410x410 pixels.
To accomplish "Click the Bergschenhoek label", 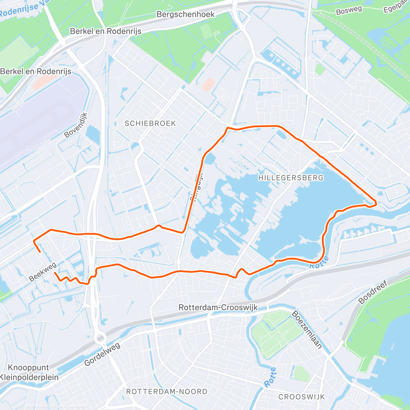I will tap(186, 14).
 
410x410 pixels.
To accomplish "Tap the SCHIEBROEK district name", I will tap(150, 123).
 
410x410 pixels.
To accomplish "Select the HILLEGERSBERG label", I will tap(291, 178).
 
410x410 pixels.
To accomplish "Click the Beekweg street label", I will tap(43, 272).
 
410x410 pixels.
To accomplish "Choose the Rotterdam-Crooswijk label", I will tap(218, 307).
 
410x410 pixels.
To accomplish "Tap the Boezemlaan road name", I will tap(307, 329).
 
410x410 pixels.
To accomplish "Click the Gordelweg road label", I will tap(102, 354).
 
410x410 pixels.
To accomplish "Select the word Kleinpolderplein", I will tap(29, 378).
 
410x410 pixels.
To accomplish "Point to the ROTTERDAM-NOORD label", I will tap(167, 392).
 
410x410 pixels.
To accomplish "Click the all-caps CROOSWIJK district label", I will tap(302, 397).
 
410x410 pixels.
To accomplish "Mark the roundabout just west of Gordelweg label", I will tap(100, 338).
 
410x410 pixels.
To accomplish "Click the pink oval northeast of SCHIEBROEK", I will tap(208, 84).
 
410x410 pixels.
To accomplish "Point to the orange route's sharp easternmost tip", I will tap(376, 204).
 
